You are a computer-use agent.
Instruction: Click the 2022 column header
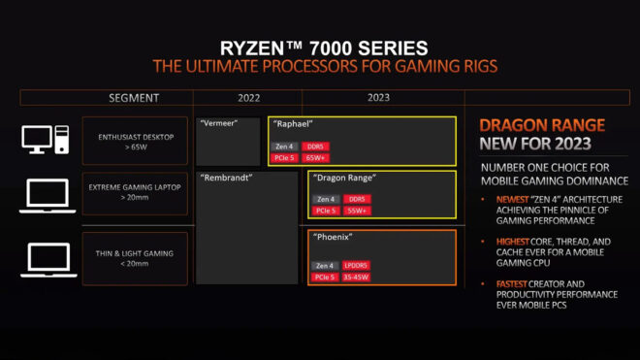pyautogui.click(x=247, y=98)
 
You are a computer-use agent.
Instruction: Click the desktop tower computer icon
pyautogui.click(x=45, y=140)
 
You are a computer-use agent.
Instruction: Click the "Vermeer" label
pyautogui.click(x=218, y=124)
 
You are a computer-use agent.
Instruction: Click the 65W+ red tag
pyautogui.click(x=316, y=156)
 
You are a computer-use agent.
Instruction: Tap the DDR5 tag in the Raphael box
pyautogui.click(x=316, y=146)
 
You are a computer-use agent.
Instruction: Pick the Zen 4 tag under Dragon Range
pyautogui.click(x=325, y=199)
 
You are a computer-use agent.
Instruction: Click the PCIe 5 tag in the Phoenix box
pyautogui.click(x=325, y=276)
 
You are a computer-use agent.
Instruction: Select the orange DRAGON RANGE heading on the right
pyautogui.click(x=542, y=125)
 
